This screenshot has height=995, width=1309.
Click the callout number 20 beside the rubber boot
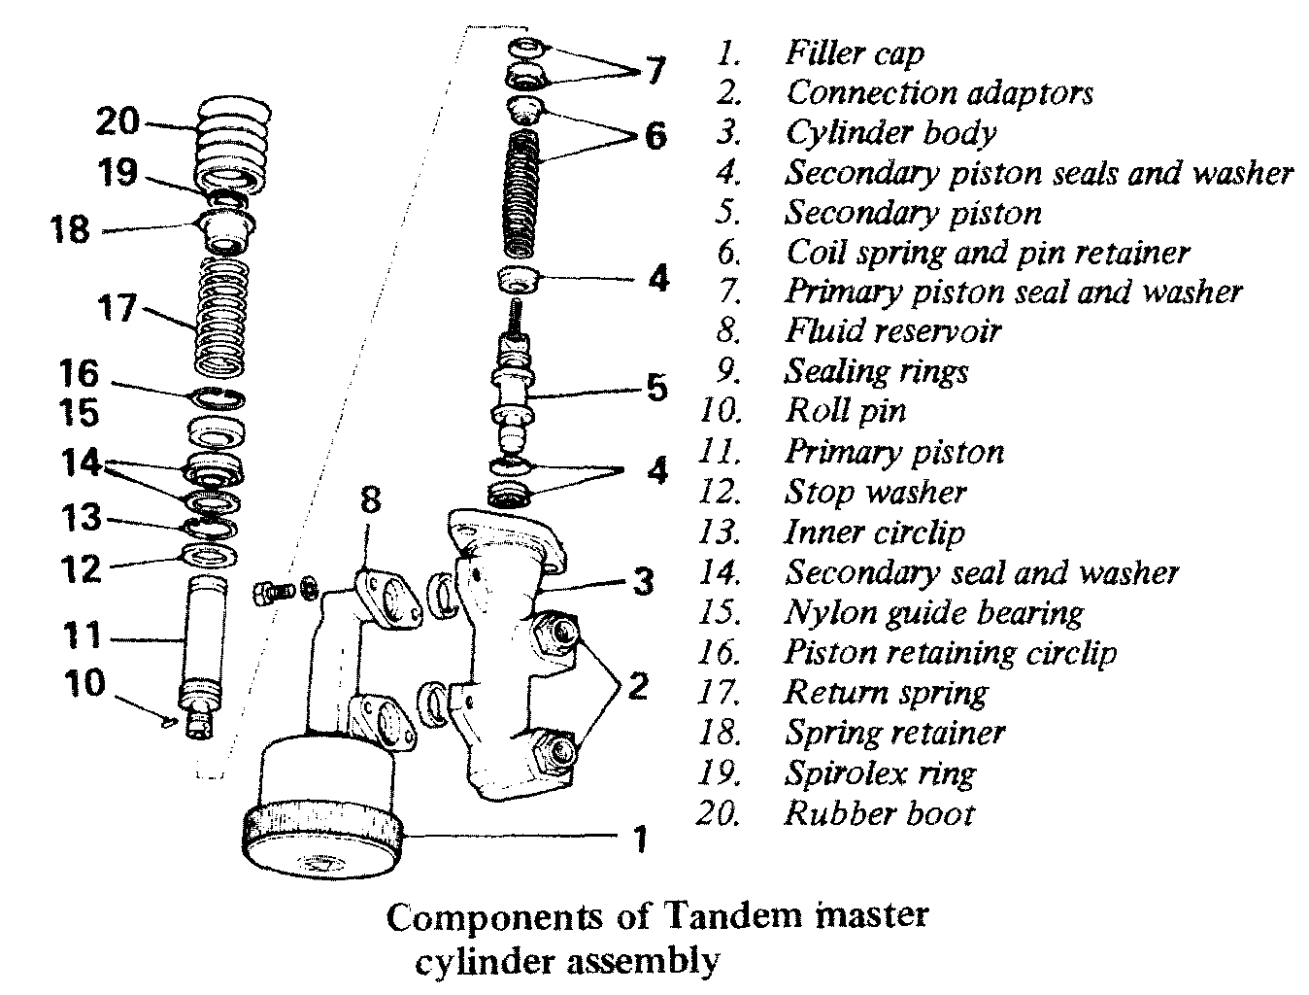point(117,123)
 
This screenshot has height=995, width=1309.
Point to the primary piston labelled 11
point(202,641)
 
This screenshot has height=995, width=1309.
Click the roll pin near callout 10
point(169,720)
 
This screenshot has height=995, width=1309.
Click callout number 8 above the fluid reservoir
point(370,502)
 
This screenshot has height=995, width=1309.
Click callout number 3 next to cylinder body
point(643,582)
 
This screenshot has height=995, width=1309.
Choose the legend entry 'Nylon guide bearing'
point(933,613)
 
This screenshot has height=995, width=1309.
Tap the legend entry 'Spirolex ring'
point(880,773)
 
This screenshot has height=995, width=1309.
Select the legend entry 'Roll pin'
point(845,411)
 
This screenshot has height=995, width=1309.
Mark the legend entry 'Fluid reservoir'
point(892,331)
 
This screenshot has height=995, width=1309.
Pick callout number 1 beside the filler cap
point(639,837)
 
